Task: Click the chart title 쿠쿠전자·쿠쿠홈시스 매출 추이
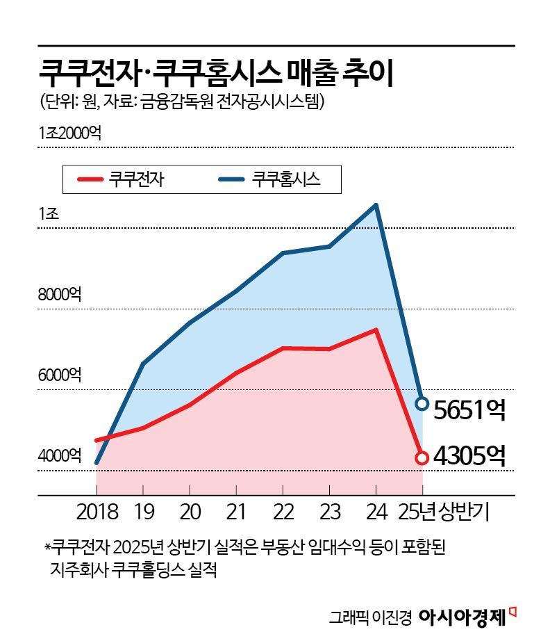pyautogui.click(x=216, y=72)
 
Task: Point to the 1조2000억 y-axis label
pyautogui.click(x=70, y=133)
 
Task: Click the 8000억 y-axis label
pyautogui.click(x=60, y=294)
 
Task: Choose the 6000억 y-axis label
pyautogui.click(x=60, y=375)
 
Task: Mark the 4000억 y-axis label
pyautogui.click(x=60, y=456)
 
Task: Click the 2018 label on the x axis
pyautogui.click(x=97, y=512)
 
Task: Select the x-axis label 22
pyautogui.click(x=283, y=512)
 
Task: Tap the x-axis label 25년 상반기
pyautogui.click(x=444, y=512)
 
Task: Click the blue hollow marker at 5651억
pyautogui.click(x=422, y=403)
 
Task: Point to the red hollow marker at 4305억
pyautogui.click(x=422, y=457)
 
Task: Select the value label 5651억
pyautogui.click(x=469, y=410)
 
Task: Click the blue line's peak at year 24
pyautogui.click(x=376, y=205)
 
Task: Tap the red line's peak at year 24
pyautogui.click(x=376, y=330)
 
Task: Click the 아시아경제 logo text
pyautogui.click(x=462, y=616)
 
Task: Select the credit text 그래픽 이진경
pyautogui.click(x=371, y=617)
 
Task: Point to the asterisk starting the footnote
pyautogui.click(x=47, y=548)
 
